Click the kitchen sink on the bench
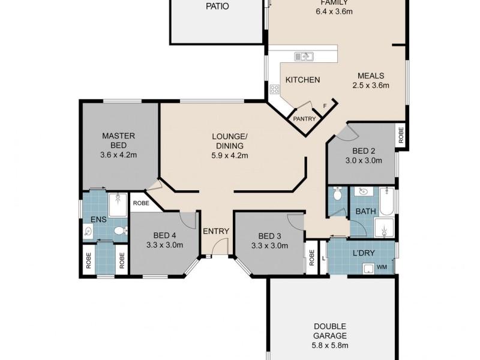point(304,56)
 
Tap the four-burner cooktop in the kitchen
point(275,89)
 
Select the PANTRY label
point(304,119)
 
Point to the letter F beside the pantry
point(325,107)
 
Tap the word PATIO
point(217,7)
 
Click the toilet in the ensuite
point(119,230)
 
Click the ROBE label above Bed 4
point(141,203)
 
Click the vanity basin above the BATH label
point(361,193)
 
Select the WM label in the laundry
point(382,268)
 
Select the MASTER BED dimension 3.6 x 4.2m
point(118,154)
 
